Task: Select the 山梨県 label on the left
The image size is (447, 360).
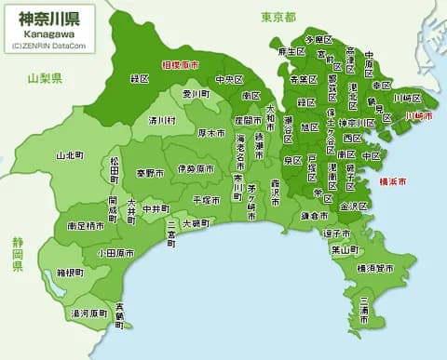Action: click(x=45, y=78)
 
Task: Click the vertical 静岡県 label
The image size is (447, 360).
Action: click(x=17, y=252)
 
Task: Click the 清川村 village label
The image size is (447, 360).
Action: click(x=162, y=120)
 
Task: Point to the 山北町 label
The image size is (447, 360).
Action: click(x=71, y=154)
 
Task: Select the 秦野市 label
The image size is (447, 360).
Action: click(x=151, y=172)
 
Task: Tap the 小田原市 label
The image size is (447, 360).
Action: click(x=115, y=252)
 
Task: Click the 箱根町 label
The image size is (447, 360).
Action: click(x=71, y=273)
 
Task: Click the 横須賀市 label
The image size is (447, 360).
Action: click(x=374, y=268)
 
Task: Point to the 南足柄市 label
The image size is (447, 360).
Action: click(x=87, y=225)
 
